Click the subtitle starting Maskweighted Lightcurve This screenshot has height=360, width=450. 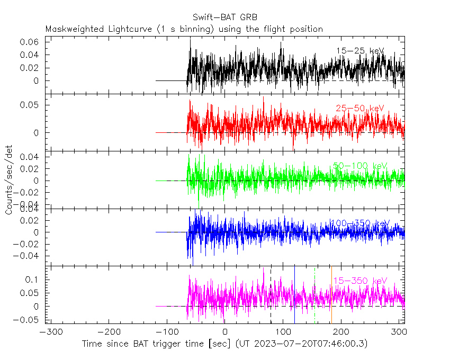click(x=184, y=29)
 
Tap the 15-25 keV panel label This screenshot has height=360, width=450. click(x=359, y=51)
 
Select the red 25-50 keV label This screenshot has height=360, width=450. click(x=359, y=109)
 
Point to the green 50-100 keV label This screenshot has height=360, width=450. click(x=359, y=166)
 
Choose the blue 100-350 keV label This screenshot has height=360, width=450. click(x=359, y=223)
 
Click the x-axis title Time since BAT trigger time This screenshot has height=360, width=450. click(x=157, y=344)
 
